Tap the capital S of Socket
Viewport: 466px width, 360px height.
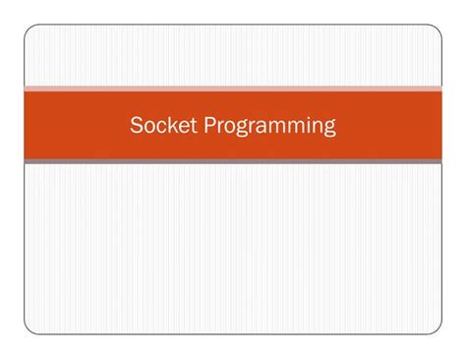137,126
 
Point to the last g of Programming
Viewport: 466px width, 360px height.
330,130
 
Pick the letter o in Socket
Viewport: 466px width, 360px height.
147,128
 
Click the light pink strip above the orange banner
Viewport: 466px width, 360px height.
233,90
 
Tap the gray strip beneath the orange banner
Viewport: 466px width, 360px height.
233,161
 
